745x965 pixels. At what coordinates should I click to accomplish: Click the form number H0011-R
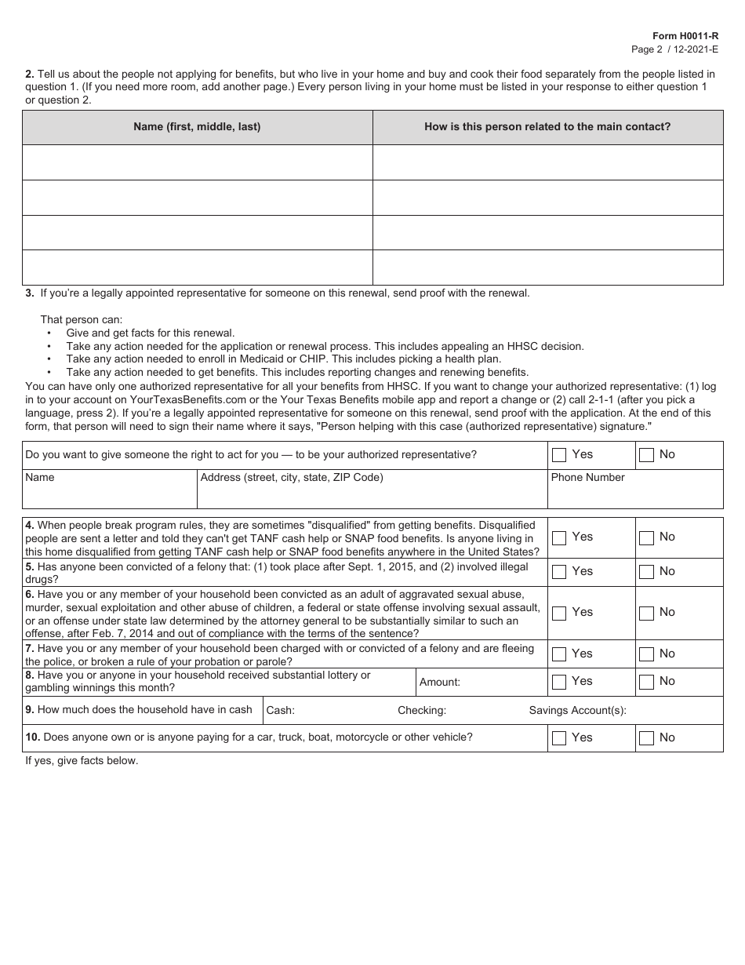coord(685,36)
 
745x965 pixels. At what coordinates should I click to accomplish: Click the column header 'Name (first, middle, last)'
coord(197,126)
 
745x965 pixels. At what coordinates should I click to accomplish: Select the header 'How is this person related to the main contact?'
coord(547,126)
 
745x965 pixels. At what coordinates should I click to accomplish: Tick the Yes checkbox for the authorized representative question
coord(559,455)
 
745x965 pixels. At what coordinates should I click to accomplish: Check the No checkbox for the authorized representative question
coord(646,455)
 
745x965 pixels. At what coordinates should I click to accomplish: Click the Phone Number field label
coord(587,477)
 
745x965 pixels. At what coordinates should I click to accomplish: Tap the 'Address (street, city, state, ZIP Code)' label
coord(292,477)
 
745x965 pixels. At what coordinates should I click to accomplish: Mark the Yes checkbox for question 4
coord(559,537)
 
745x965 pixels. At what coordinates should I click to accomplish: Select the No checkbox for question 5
coord(646,572)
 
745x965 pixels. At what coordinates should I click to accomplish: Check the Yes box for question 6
coord(559,613)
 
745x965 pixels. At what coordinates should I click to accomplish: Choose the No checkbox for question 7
coord(646,654)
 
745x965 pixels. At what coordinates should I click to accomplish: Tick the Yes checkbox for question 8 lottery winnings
coord(559,682)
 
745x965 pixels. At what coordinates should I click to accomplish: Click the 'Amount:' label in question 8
coord(440,683)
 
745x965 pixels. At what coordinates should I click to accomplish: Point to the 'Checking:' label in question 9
coord(422,710)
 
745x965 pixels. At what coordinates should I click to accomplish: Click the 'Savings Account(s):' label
coord(577,710)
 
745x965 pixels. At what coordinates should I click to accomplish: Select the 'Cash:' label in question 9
coord(281,710)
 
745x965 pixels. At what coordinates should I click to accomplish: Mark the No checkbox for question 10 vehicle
coord(646,738)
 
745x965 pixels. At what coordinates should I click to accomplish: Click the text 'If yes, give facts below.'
coord(82,761)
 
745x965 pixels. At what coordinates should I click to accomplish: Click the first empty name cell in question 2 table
coord(197,162)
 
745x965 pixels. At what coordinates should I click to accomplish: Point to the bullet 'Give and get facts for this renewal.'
coord(151,333)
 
